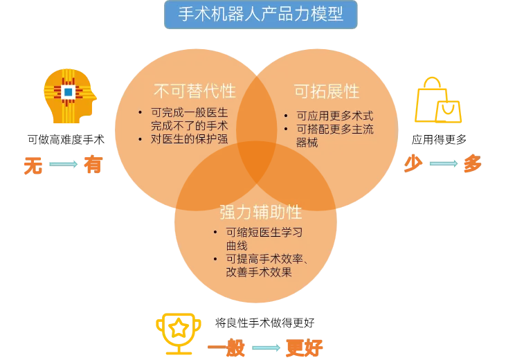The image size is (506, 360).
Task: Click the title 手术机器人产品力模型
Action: (x=260, y=15)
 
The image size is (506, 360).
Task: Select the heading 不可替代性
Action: (x=195, y=91)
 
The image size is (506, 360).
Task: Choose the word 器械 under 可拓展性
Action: (x=307, y=143)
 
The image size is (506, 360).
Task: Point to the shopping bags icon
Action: (x=437, y=101)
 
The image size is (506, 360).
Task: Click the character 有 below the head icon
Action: (x=93, y=165)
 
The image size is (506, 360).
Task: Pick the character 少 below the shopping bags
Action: (x=414, y=164)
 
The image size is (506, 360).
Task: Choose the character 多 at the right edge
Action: (x=472, y=164)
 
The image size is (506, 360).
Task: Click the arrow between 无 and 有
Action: (x=64, y=165)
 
